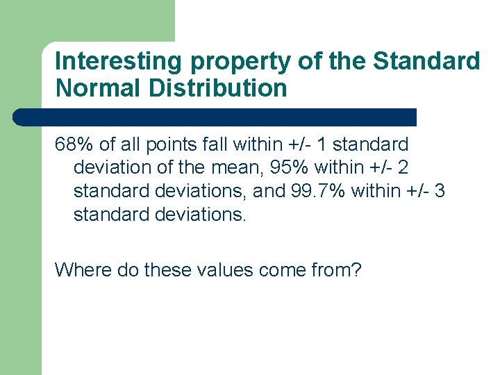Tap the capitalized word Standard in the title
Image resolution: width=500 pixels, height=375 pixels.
[x=426, y=61]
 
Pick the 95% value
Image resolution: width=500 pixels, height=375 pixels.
[x=287, y=167]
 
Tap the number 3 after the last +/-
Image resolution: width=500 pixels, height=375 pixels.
[x=439, y=190]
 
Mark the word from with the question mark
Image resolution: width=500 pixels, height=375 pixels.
[x=336, y=269]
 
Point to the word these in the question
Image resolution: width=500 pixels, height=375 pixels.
[x=165, y=269]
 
